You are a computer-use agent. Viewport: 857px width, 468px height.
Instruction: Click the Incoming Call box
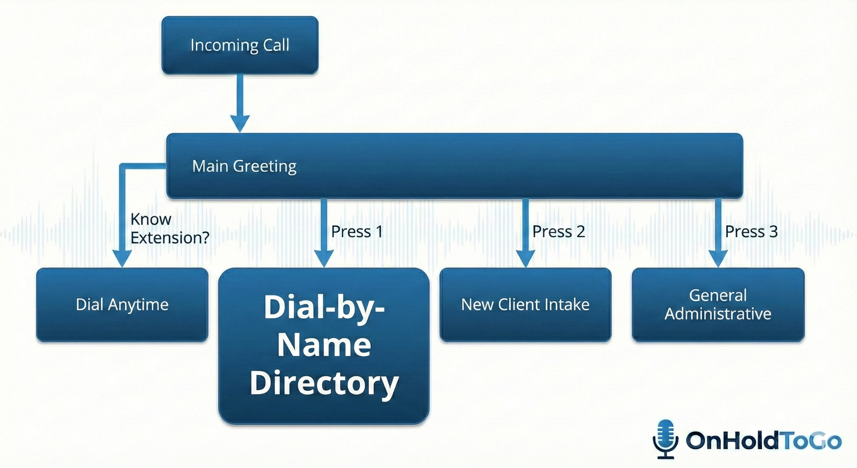coord(240,45)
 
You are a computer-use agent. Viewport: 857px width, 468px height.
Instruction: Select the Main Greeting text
coord(244,166)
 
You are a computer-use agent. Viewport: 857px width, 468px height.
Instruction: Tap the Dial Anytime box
coord(122,304)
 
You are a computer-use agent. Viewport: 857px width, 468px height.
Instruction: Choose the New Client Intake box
coord(525,304)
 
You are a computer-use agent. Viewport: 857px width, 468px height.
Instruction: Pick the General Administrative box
coord(718,304)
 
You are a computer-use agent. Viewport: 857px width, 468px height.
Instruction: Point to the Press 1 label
coord(357,232)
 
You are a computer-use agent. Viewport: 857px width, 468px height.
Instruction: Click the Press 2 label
coord(558,232)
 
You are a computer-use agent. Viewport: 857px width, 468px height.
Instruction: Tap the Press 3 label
coord(751,232)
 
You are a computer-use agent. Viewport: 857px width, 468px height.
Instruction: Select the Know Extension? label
coord(169,229)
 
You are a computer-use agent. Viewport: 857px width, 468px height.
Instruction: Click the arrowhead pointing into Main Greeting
coord(240,123)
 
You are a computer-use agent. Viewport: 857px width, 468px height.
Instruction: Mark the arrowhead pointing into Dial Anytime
coord(122,258)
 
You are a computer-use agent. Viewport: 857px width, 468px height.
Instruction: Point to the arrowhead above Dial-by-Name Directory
coord(324,258)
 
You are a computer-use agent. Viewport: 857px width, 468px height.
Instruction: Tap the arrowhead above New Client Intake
coord(525,258)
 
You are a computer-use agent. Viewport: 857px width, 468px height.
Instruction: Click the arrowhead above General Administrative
coord(718,258)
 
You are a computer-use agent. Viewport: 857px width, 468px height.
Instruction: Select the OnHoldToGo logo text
coord(764,441)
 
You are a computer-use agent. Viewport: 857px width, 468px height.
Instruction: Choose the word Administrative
coord(718,314)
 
